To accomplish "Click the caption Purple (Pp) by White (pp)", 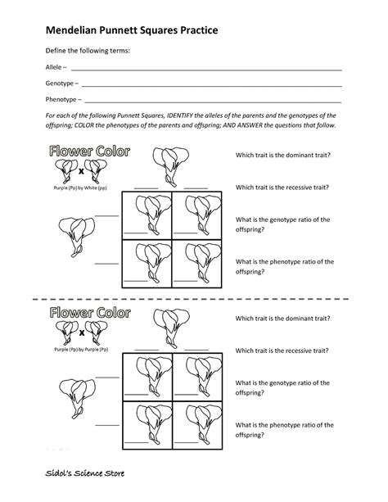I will (x=81, y=188).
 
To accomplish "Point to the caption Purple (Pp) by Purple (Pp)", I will (x=81, y=350).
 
